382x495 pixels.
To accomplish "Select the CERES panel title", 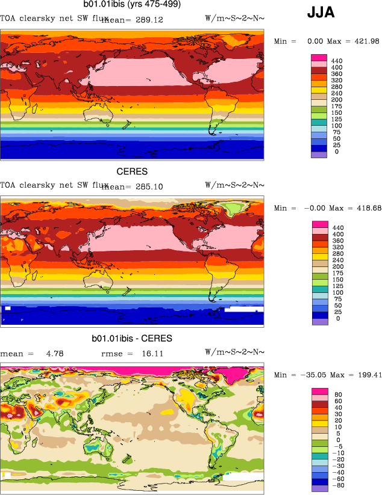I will tap(132, 172).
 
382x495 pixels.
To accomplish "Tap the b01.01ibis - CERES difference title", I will tap(132, 339).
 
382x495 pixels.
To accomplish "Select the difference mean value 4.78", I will tap(55, 354).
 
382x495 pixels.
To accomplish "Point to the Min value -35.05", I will tap(311, 375).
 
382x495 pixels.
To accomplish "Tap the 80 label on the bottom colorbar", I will tap(339, 395).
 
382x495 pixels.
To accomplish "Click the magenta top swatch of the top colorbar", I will tap(319, 57).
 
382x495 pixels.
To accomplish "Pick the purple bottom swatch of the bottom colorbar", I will tap(319, 488).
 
